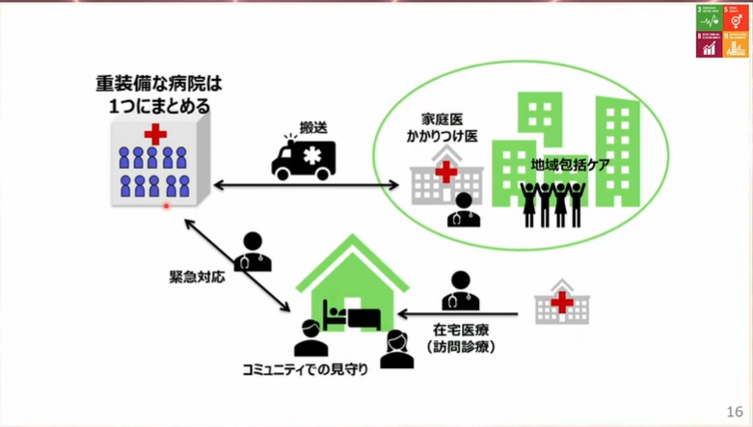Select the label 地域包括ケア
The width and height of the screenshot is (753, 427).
pyautogui.click(x=570, y=165)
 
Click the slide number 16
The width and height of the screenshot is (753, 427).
pyautogui.click(x=736, y=409)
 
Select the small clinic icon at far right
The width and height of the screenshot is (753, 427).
pyautogui.click(x=561, y=302)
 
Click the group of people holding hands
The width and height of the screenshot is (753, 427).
pyautogui.click(x=553, y=202)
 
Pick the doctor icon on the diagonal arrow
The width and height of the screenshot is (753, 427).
pyautogui.click(x=253, y=252)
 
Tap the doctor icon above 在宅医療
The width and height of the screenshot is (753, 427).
pyautogui.click(x=460, y=290)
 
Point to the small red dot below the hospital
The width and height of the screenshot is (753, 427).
pyautogui.click(x=166, y=205)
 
